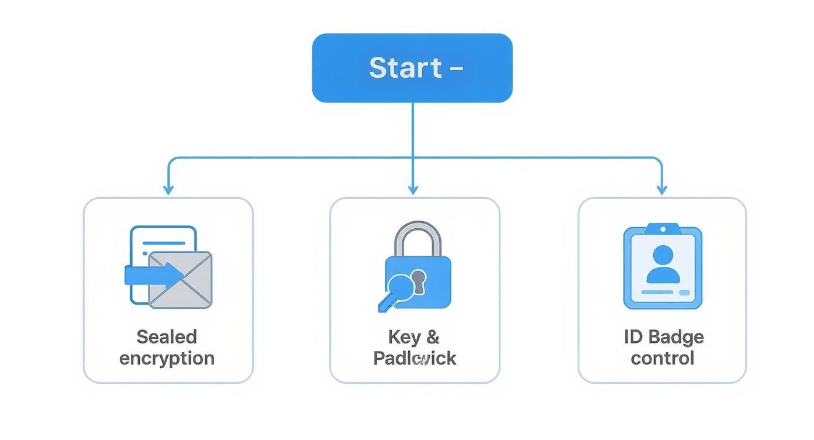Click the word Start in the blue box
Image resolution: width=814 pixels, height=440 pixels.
405,68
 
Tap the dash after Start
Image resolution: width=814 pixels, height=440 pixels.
457,69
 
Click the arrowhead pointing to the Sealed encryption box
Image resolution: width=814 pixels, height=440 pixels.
168,190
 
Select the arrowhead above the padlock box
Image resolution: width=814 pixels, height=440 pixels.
413,190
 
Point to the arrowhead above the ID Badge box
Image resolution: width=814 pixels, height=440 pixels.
662,190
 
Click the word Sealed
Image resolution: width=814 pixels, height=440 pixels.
167,336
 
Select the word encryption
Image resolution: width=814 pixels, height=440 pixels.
167,358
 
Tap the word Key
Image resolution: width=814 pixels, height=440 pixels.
403,336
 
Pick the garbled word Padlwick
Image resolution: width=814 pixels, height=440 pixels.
415,358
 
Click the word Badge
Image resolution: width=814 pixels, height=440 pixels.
676,336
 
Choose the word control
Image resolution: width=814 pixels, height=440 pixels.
662,358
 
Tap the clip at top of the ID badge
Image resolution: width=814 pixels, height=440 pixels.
663,228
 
